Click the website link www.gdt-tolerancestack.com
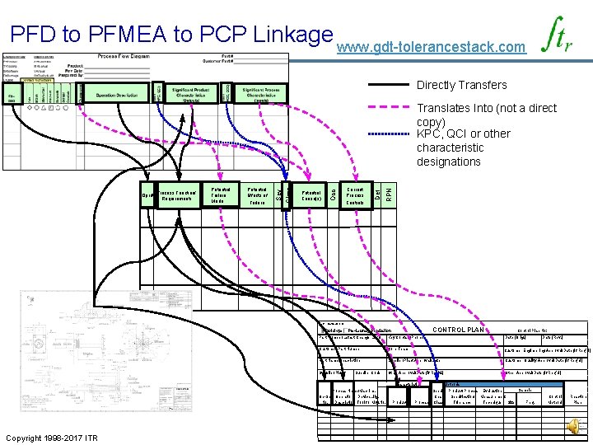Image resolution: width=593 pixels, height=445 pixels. coord(431,48)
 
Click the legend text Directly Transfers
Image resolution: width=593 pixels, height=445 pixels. coord(461,85)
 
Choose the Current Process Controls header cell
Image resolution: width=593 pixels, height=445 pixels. coord(355,195)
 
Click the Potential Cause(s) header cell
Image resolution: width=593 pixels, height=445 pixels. coord(311,195)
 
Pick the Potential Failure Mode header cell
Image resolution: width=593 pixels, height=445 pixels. coord(218,195)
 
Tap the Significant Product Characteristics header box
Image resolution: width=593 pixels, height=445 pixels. coord(191,93)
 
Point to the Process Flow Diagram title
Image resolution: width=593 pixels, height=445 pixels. coord(123,56)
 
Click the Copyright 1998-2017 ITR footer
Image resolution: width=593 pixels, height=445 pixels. coord(51,437)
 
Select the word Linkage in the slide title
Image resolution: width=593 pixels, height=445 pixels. coord(282,36)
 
